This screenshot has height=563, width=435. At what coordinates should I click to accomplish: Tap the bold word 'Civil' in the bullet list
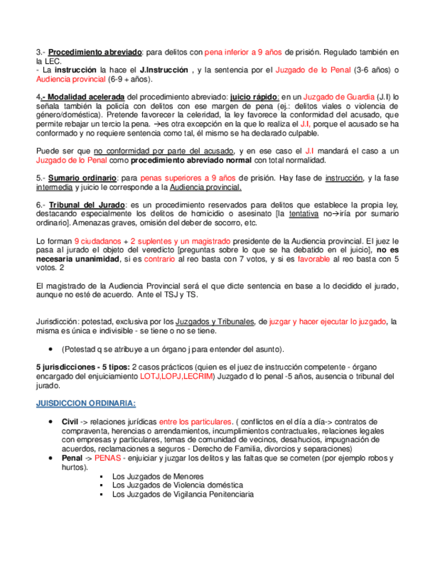coord(70,422)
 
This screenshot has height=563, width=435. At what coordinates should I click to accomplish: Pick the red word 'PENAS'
coord(108,458)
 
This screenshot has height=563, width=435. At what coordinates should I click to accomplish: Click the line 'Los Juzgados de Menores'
coord(158,477)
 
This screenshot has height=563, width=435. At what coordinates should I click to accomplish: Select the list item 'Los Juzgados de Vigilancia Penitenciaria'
coord(183,495)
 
